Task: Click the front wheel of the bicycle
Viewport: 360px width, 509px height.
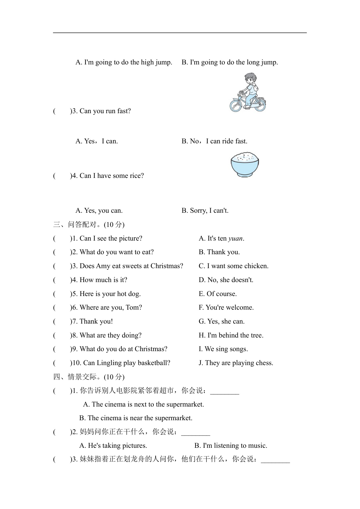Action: [x=236, y=105]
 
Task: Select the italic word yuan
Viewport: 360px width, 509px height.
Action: [x=235, y=239]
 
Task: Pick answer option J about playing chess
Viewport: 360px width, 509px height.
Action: [x=236, y=363]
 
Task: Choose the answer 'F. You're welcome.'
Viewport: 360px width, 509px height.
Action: [x=226, y=308]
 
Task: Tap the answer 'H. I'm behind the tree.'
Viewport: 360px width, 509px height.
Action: [x=231, y=335]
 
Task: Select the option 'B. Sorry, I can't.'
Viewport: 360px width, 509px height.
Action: [x=205, y=211]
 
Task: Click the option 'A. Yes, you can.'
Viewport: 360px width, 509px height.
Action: [x=99, y=211]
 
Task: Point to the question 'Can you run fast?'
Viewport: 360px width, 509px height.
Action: [x=105, y=111]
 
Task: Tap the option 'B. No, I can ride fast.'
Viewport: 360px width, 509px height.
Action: [x=214, y=141]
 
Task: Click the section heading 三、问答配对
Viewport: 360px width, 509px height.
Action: [x=89, y=225]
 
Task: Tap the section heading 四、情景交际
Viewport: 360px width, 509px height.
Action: [x=89, y=377]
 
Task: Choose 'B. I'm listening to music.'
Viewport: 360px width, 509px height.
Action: [x=231, y=446]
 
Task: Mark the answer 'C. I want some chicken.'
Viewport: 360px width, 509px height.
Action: [x=234, y=266]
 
